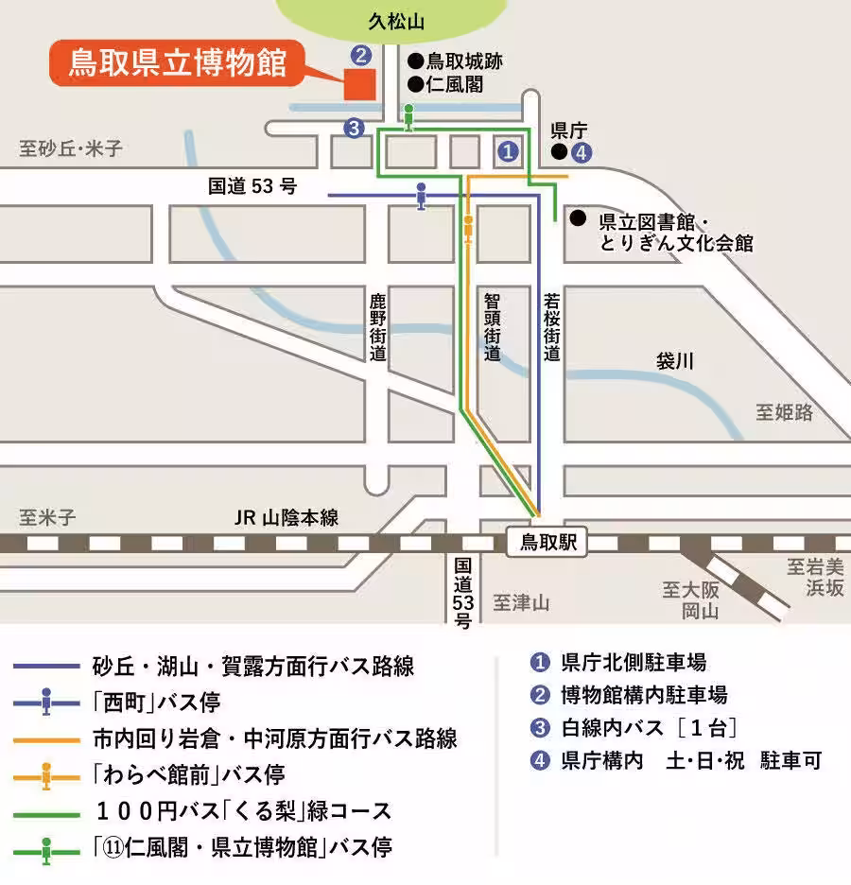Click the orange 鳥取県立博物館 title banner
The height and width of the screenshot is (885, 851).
[x=177, y=64]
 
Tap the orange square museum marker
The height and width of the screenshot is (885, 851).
[x=359, y=84]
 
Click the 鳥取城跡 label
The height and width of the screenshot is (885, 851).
[x=463, y=61]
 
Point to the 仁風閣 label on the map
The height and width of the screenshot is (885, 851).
[x=454, y=85]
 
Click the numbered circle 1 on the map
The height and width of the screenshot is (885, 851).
[x=508, y=149]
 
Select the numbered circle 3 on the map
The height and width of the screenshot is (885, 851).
[x=354, y=129]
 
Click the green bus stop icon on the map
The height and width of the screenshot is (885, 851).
[x=408, y=116]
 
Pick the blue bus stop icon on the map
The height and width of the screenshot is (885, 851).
[x=421, y=196]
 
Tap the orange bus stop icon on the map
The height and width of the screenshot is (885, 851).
[x=468, y=229]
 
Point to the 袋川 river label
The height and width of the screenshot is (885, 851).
[x=675, y=360]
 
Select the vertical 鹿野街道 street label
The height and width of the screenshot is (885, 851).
[x=378, y=327]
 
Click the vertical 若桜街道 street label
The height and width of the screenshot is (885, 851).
[x=552, y=327]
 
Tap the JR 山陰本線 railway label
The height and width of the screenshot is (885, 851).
[x=286, y=518]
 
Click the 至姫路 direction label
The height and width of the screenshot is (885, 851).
[x=784, y=412]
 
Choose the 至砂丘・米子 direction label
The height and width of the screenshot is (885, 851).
[x=71, y=148]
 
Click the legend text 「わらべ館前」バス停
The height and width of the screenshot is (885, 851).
[x=188, y=774]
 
